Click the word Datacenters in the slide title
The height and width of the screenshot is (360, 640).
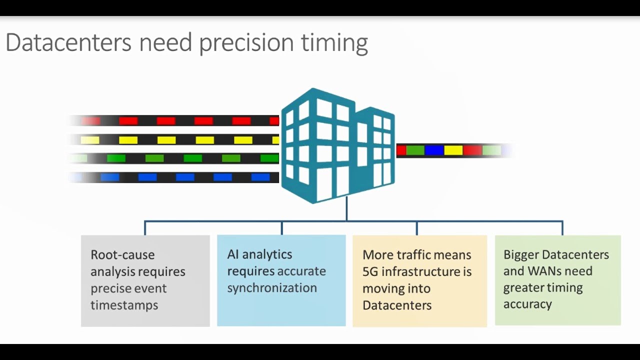click(x=68, y=42)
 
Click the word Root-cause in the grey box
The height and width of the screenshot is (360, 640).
click(x=122, y=254)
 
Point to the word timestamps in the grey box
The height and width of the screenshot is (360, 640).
click(x=124, y=305)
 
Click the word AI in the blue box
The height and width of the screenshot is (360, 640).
click(x=232, y=254)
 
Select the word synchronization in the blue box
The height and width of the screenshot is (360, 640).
click(x=272, y=288)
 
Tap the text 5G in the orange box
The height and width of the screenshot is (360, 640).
click(x=371, y=271)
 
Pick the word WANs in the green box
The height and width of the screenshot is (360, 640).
click(x=542, y=271)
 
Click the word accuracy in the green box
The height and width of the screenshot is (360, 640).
click(x=527, y=304)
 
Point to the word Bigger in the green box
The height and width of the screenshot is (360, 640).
click(x=520, y=254)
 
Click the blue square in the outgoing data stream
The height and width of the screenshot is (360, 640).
click(x=434, y=150)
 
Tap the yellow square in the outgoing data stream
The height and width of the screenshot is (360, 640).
click(x=453, y=150)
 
